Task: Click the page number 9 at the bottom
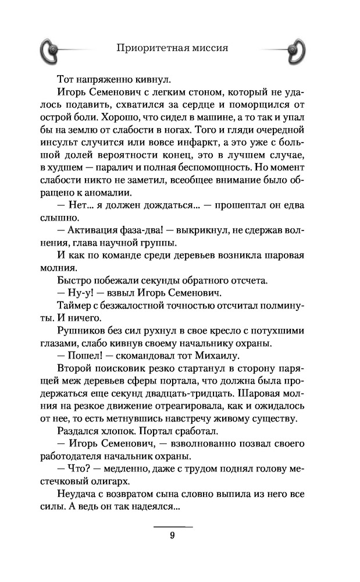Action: tap(173, 537)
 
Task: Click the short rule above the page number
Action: tap(173, 526)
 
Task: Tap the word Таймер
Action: tap(73, 306)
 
